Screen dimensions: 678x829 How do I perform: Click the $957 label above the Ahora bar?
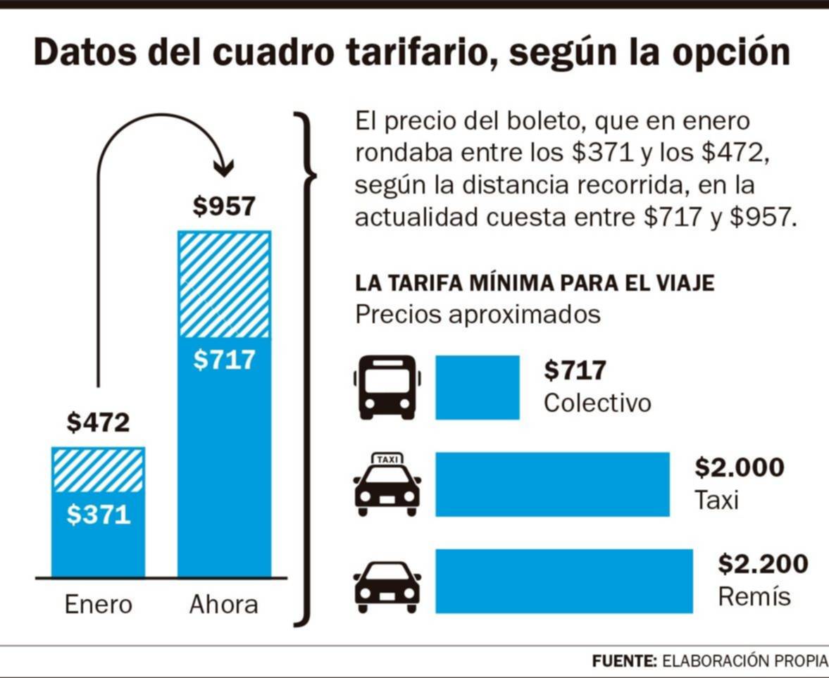click(224, 207)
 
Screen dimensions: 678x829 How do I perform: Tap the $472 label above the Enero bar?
click(99, 422)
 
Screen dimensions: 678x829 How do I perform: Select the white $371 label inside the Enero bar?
click(99, 515)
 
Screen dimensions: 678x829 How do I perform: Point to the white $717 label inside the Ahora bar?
click(224, 360)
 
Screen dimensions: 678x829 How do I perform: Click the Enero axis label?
click(99, 604)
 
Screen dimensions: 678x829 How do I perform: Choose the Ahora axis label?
click(223, 604)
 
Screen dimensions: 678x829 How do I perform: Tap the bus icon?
click(387, 387)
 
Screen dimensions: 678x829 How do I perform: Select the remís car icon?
click(387, 587)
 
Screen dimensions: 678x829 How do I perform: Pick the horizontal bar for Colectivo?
click(477, 387)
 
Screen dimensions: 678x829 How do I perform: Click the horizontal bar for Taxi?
click(552, 484)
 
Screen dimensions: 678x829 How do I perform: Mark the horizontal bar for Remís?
click(563, 581)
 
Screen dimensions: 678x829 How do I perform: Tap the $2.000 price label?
click(739, 467)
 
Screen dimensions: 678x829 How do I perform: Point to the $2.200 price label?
click(763, 564)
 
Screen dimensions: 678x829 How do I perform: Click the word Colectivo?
click(597, 403)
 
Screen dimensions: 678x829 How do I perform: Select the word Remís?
click(754, 597)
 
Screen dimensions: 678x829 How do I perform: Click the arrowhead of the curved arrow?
click(224, 169)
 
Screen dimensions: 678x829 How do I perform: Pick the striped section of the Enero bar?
click(99, 470)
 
